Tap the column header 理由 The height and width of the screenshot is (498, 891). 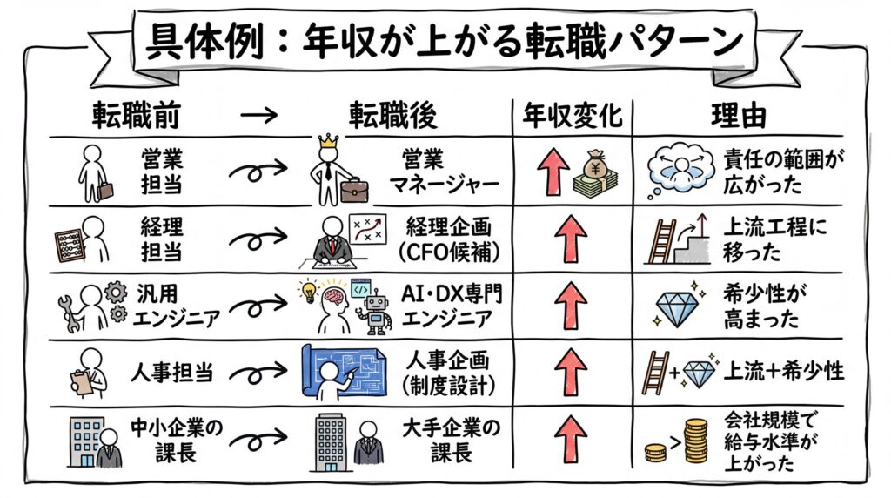(747, 116)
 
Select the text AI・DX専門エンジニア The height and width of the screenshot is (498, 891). (452, 305)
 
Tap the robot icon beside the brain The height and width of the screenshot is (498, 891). (377, 309)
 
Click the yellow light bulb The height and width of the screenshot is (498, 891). (307, 290)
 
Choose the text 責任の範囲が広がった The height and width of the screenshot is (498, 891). (784, 172)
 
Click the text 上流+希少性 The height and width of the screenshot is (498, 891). (784, 371)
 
